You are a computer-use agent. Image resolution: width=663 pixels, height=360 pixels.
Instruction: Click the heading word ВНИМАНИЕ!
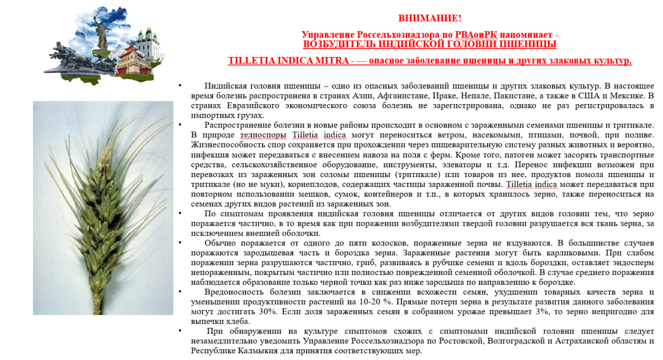[429, 18]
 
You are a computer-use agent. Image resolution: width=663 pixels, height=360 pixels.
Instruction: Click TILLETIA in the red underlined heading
[252, 61]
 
